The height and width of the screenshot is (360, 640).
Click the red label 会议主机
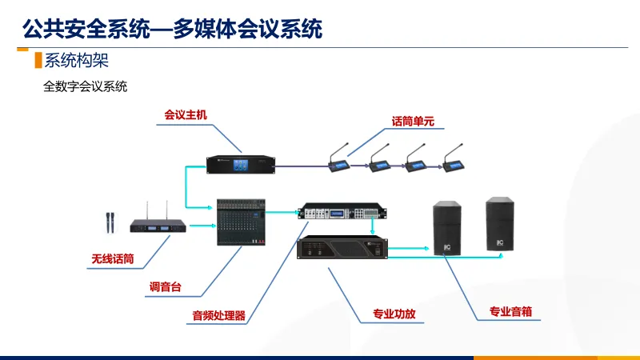point(185,115)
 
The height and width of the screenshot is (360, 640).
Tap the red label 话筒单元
point(413,122)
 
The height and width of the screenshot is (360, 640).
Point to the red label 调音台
point(166,286)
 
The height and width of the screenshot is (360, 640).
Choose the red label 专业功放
point(394,314)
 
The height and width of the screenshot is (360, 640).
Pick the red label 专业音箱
point(510,312)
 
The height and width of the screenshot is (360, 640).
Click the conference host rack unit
point(242,164)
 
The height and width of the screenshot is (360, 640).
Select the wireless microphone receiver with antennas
point(162,225)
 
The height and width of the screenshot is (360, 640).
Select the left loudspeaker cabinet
point(447,229)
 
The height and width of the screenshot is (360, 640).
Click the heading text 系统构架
point(76,60)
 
